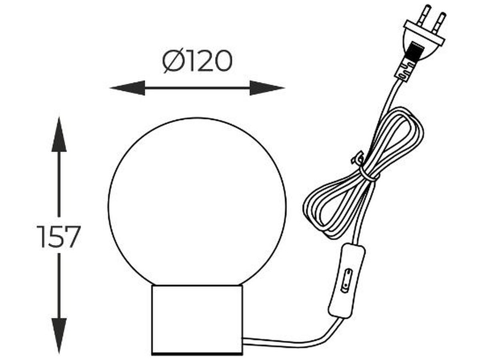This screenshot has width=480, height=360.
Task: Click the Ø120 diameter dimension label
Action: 197,61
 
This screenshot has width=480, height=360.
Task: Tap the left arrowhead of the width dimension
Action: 127,88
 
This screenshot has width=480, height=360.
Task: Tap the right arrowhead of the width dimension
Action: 267,88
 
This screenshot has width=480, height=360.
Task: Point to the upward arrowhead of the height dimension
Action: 59,134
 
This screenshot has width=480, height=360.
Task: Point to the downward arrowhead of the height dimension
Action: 59,336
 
